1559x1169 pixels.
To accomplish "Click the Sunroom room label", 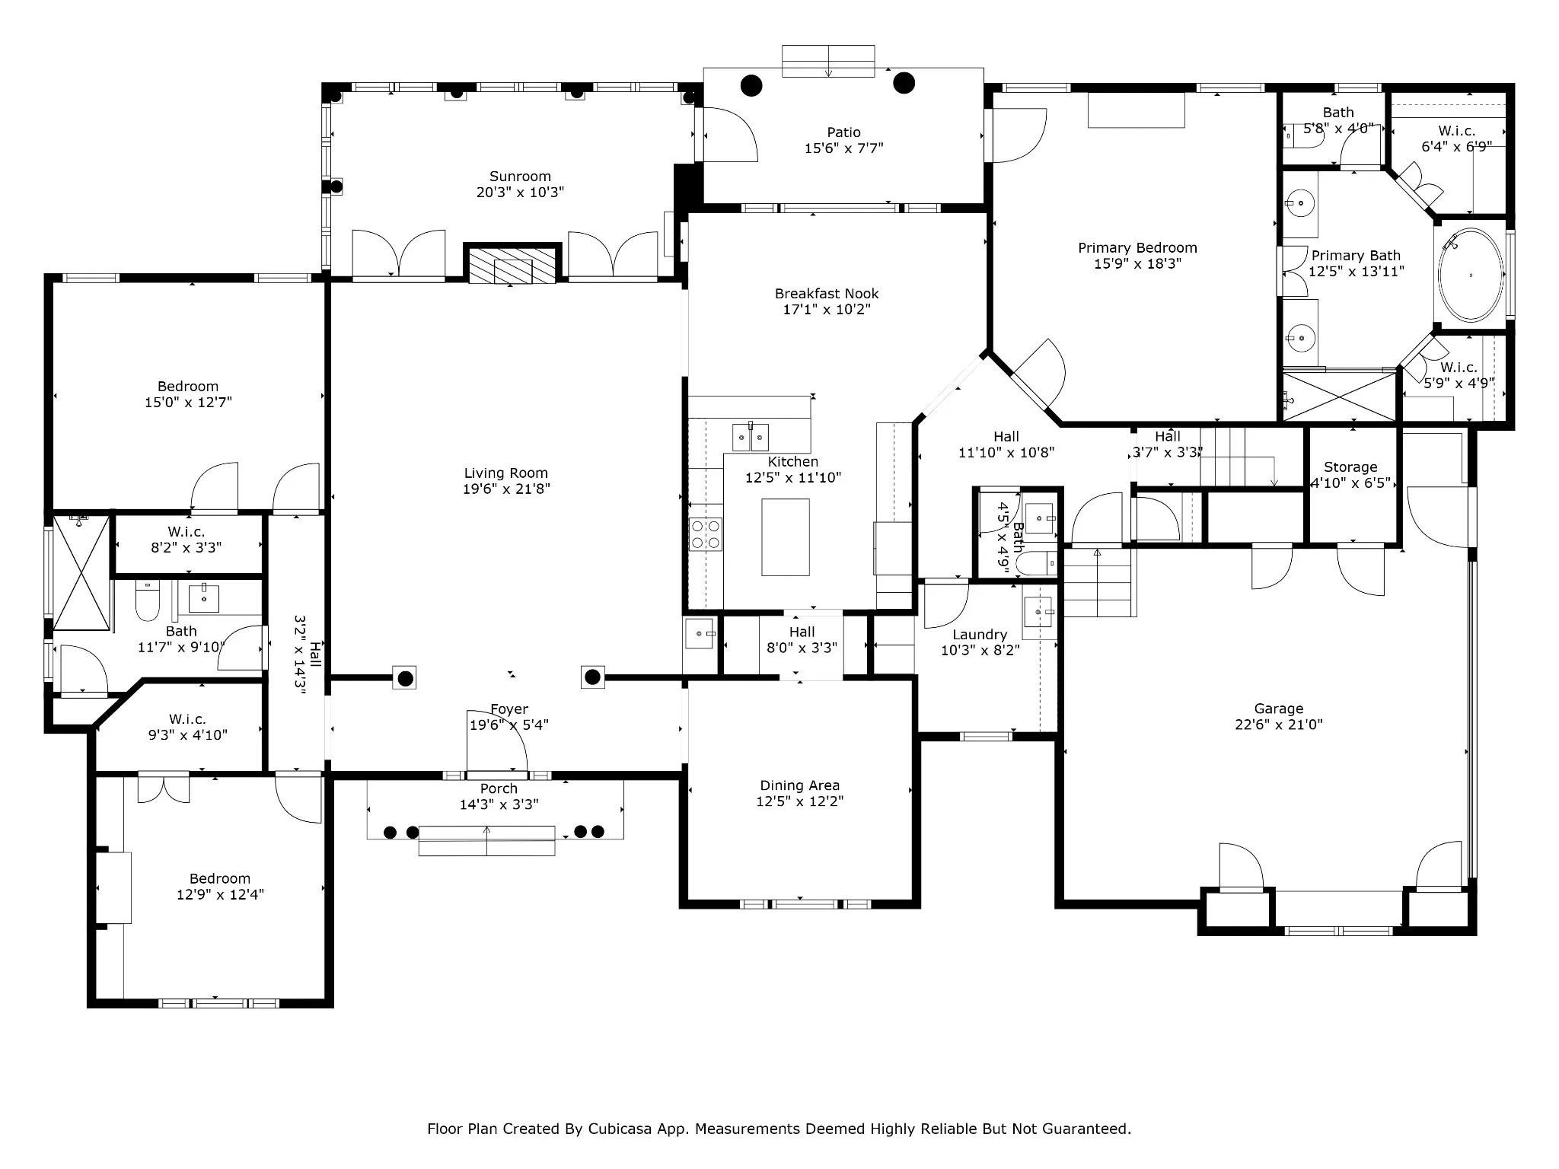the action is [x=520, y=177].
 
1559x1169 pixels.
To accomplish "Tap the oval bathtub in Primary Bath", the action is [x=1471, y=275].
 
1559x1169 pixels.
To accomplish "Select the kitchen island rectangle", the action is [x=786, y=537].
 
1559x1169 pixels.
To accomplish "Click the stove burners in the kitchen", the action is [x=705, y=534].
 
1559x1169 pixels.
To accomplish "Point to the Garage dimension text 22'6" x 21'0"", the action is [x=1279, y=725].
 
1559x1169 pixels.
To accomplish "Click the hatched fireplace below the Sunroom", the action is [x=512, y=265].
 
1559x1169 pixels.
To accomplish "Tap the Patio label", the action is [x=843, y=132].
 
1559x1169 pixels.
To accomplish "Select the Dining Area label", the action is [x=799, y=785].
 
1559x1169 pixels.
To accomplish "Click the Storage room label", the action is [x=1350, y=467].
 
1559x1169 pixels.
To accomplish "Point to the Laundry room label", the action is [x=980, y=635].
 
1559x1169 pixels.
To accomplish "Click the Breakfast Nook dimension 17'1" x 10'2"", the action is [x=827, y=310].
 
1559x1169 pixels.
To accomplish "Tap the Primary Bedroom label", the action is [x=1137, y=248].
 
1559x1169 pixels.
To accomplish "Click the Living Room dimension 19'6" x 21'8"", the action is [x=506, y=489].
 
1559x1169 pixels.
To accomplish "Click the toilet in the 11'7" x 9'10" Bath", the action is [x=147, y=600].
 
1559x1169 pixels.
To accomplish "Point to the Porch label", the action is [x=499, y=789].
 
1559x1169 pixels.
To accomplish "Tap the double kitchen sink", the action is [x=751, y=437].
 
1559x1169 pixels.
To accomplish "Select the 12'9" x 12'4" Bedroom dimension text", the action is [x=220, y=895].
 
